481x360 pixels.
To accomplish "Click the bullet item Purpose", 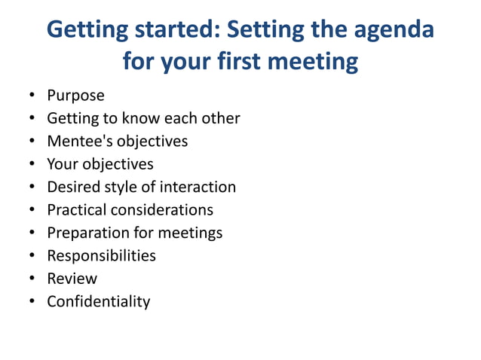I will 75,96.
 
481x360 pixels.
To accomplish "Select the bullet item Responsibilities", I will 101,255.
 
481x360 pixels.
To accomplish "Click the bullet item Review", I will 72,279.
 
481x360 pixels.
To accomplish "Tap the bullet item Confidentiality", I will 98,301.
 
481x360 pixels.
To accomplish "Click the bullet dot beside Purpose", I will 32,96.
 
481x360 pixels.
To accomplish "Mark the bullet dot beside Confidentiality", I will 32,302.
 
